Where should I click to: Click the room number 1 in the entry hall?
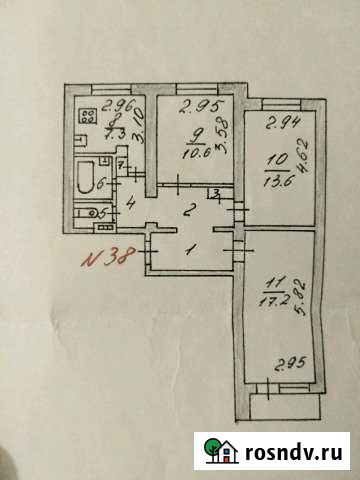coord(195,247)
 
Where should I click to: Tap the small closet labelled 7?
coord(120,164)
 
